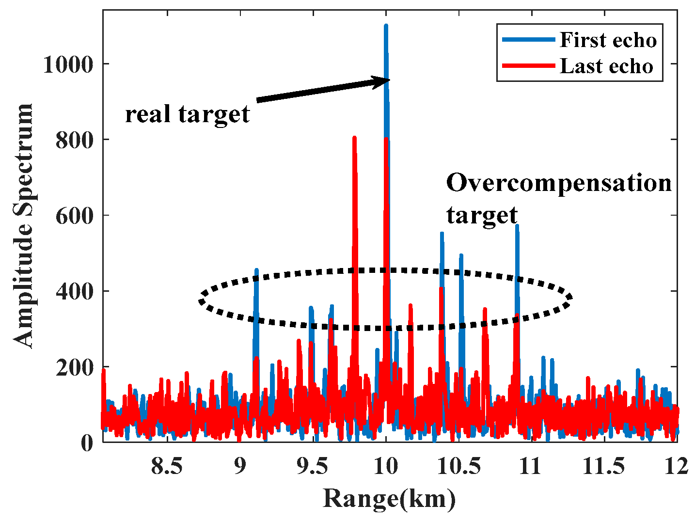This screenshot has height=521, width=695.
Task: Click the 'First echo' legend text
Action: [608, 40]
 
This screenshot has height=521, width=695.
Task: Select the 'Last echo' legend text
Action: [606, 66]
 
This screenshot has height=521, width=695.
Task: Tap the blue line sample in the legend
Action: [527, 40]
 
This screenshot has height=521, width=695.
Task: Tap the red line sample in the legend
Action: [527, 66]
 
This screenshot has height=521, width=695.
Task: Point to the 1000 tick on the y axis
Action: [68, 64]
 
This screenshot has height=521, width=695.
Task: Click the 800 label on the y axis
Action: [75, 140]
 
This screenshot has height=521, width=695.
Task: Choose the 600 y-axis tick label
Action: [75, 215]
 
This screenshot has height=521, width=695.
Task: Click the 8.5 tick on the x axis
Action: [167, 466]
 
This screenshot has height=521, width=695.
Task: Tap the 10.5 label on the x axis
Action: [458, 466]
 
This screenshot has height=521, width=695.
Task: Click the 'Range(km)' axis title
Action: [389, 499]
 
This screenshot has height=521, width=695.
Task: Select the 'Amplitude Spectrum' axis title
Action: [24, 225]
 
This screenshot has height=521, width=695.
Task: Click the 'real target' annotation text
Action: [188, 114]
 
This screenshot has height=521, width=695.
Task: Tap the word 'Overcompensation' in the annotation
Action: [559, 183]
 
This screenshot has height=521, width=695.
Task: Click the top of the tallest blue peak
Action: [386, 25]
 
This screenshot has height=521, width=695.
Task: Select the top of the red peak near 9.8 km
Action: [354, 138]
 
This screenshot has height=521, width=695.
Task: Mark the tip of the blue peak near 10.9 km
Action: [517, 226]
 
